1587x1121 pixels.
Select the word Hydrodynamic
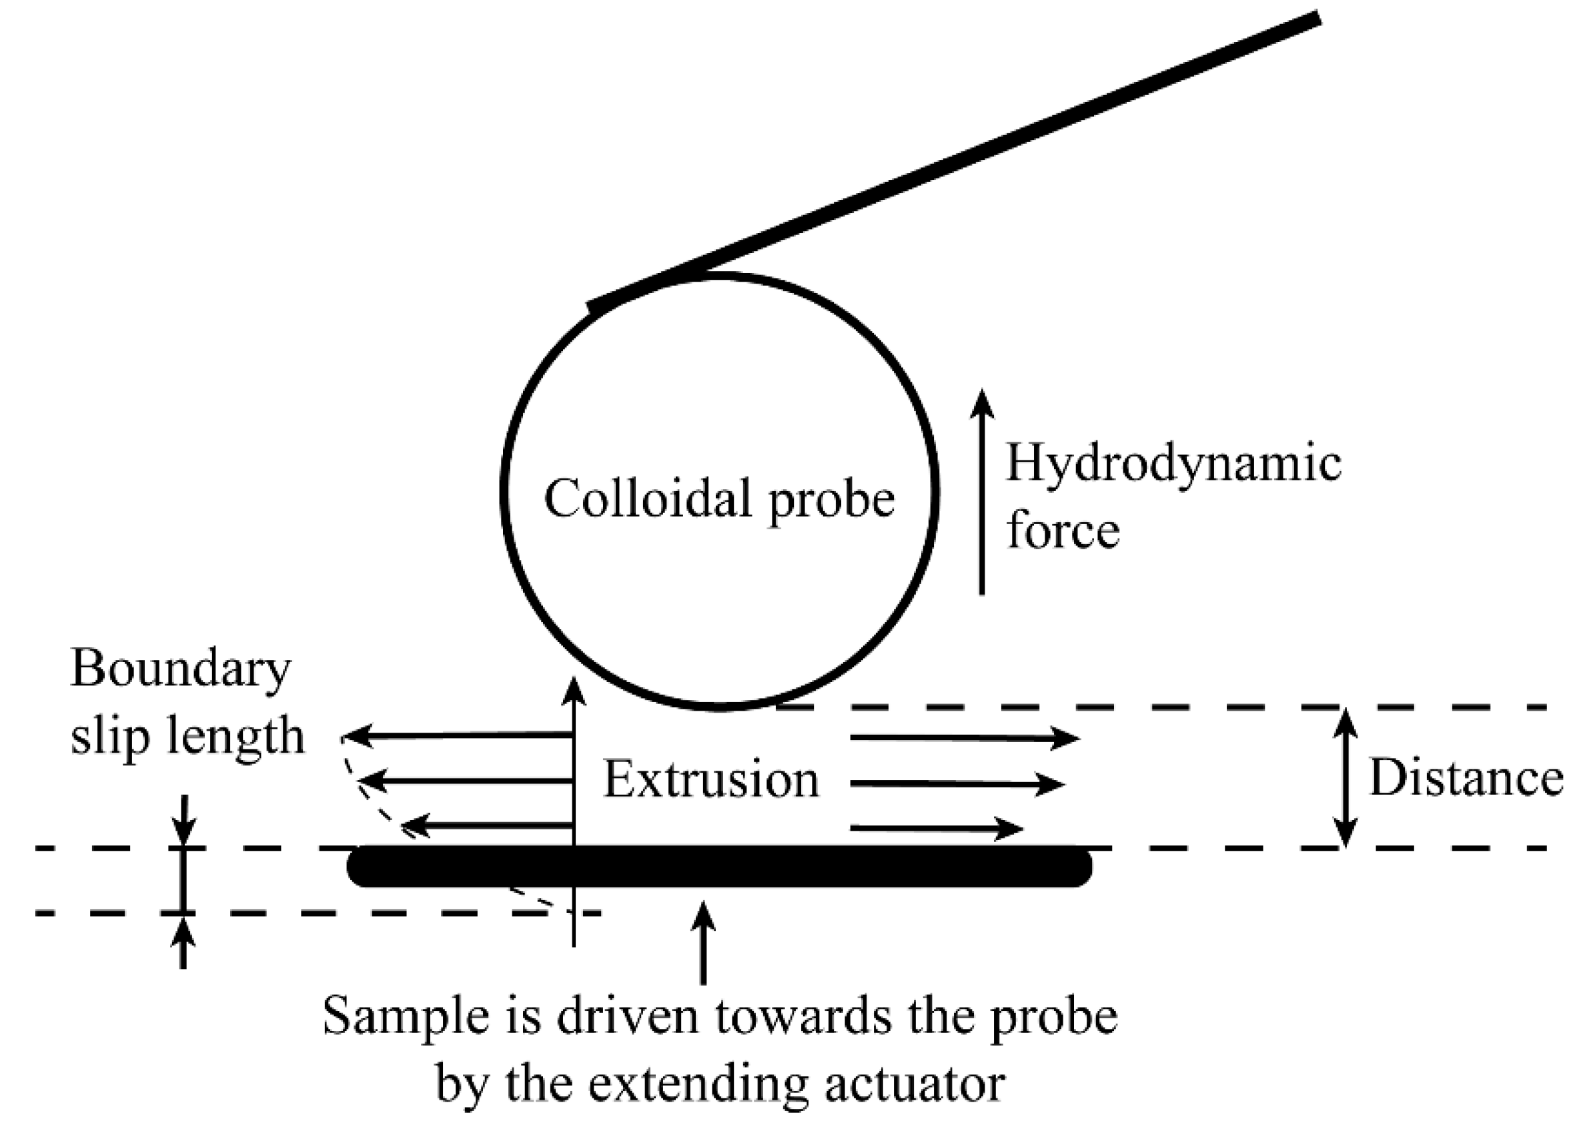1173,464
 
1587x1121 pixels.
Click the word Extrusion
711,780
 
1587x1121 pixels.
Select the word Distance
1466,778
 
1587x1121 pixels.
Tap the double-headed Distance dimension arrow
1345,777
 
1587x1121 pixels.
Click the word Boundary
180,670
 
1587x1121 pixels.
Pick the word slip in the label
110,737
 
